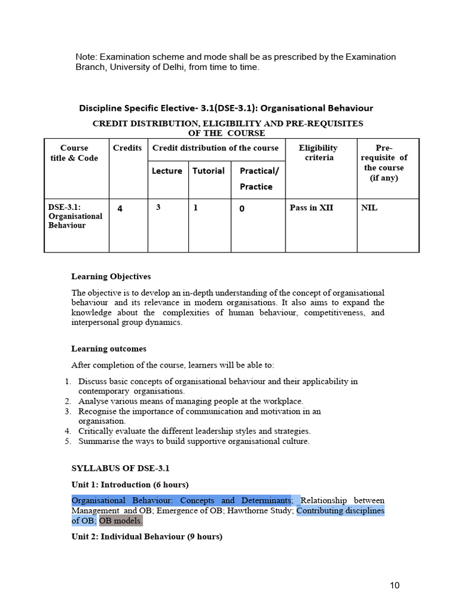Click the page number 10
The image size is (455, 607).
click(x=395, y=586)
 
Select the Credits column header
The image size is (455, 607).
click(x=127, y=148)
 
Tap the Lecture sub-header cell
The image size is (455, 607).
click(x=167, y=171)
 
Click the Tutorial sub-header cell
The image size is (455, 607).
click(x=209, y=171)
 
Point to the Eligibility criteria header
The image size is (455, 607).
click(x=318, y=152)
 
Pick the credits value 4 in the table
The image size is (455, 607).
click(x=120, y=209)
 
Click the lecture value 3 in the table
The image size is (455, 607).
click(x=158, y=207)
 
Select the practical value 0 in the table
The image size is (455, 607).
click(x=242, y=209)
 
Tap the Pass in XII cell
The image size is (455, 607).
click(x=312, y=208)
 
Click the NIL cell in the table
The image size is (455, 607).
click(x=369, y=208)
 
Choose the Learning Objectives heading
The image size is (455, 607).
click(x=111, y=276)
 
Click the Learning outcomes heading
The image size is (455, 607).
click(x=108, y=349)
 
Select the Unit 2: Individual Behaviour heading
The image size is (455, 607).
click(x=146, y=537)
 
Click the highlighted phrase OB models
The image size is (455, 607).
click(x=120, y=521)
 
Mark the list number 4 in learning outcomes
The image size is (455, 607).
click(x=68, y=431)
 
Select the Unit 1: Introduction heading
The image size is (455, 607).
click(x=130, y=484)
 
